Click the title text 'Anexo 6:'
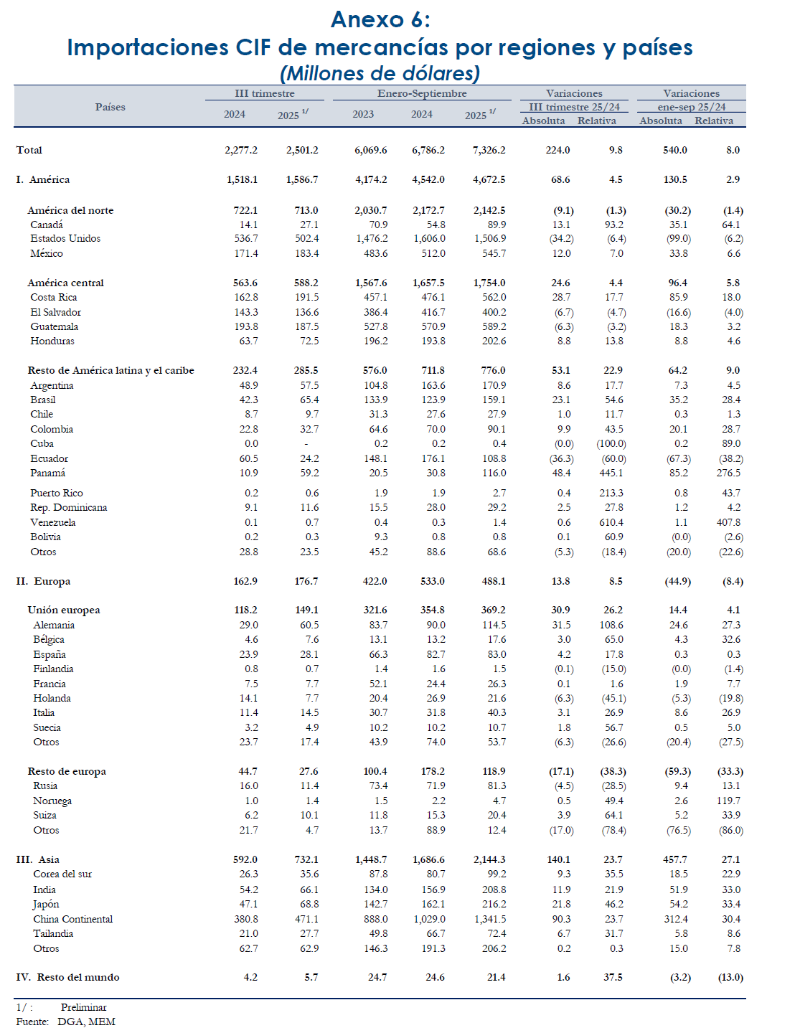(380, 20)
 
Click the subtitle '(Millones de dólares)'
(380, 73)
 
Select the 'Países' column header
(110, 107)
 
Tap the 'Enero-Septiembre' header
(422, 93)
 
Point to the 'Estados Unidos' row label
(65, 238)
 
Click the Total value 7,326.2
(489, 150)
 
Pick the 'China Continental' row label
(72, 919)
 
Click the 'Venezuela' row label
(52, 522)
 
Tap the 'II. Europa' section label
(43, 581)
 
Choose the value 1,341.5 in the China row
(489, 919)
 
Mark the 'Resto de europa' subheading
(67, 771)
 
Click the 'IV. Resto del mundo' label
(67, 977)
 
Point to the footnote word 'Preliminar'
(83, 1007)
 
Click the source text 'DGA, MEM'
(86, 1022)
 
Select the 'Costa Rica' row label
(53, 297)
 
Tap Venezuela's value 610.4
(611, 522)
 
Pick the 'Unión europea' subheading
(64, 610)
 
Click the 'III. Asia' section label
(38, 859)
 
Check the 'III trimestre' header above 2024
(264, 93)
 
